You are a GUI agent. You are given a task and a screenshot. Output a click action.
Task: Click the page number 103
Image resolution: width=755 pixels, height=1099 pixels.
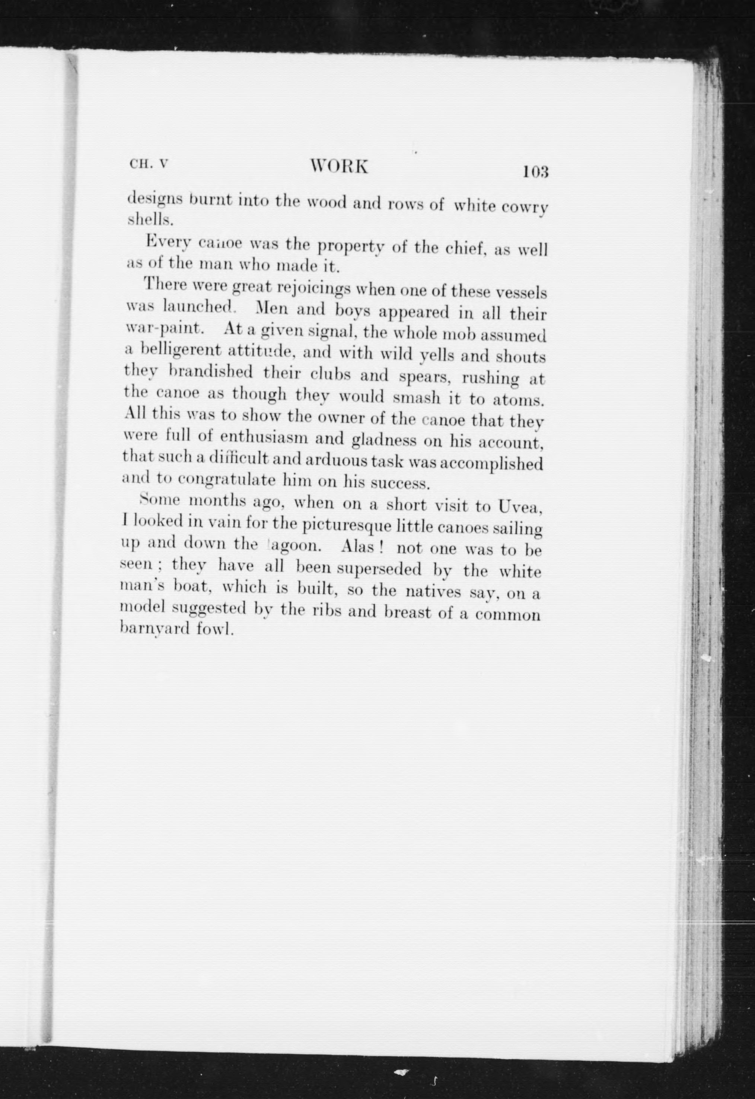coord(535,171)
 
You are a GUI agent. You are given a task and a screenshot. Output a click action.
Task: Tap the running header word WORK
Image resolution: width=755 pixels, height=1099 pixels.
coord(339,167)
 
